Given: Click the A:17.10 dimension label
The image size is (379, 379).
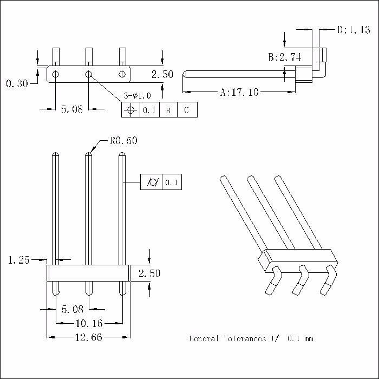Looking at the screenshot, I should [239, 93].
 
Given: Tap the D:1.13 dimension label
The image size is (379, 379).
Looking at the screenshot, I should [353, 30].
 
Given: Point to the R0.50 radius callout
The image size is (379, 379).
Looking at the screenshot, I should [123, 141].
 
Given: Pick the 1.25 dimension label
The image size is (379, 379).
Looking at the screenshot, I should [19, 260].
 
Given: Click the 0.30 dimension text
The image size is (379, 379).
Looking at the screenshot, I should [17, 83].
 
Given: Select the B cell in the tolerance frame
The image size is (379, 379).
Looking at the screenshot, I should [168, 110].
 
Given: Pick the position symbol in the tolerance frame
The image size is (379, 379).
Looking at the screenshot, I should [130, 110].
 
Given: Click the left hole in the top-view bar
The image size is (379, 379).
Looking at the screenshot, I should [56, 73].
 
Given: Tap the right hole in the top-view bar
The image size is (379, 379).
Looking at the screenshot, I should [123, 73].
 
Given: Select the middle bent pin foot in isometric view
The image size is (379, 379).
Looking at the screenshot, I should [299, 279].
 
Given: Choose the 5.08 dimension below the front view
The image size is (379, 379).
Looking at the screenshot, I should [72, 310].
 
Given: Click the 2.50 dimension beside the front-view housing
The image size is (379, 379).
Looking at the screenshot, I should [149, 274].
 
